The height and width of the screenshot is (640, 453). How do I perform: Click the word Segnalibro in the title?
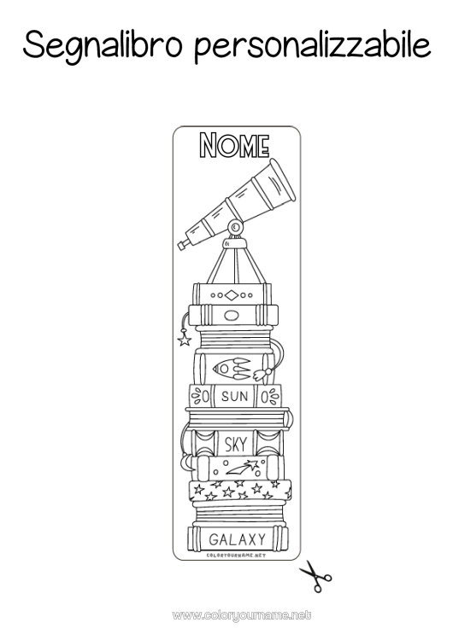click(103, 46)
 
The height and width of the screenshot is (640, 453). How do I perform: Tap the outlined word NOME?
click(234, 145)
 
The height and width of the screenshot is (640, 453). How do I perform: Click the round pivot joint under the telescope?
click(235, 226)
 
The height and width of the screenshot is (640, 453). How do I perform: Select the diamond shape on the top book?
click(232, 295)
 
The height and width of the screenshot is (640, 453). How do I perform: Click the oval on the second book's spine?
click(232, 316)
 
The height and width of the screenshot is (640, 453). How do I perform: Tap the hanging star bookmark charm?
click(185, 340)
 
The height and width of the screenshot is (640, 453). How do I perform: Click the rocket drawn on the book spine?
click(232, 369)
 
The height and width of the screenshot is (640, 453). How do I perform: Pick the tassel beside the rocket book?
click(262, 373)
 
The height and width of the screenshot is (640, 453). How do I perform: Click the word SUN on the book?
click(235, 396)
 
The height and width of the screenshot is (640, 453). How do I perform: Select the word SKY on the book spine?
click(236, 444)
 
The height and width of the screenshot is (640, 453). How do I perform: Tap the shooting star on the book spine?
click(242, 467)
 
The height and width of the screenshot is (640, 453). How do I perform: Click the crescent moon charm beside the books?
click(186, 462)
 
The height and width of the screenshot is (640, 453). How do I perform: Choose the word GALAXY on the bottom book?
click(237, 539)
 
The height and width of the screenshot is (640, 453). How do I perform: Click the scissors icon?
click(315, 575)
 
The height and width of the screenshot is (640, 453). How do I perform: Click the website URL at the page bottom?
click(242, 615)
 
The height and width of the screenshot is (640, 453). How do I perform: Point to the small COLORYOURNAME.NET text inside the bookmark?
click(236, 556)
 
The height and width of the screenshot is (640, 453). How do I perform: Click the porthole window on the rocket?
click(224, 369)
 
